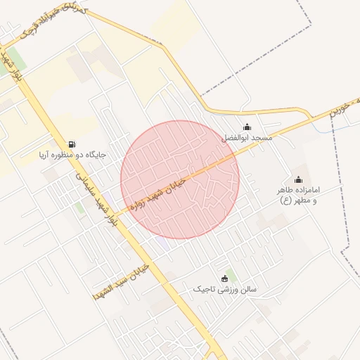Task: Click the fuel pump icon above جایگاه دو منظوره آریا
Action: [x=72, y=143]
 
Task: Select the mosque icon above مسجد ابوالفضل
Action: [x=247, y=127]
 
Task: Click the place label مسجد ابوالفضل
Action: [x=247, y=139]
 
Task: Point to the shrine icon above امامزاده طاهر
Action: [x=298, y=179]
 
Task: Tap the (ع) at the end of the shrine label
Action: [x=286, y=201]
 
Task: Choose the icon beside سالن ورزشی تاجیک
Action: [x=224, y=278]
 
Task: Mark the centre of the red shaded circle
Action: [x=180, y=180]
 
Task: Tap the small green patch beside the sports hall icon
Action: [x=231, y=272]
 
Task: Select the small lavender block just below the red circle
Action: [x=163, y=243]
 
